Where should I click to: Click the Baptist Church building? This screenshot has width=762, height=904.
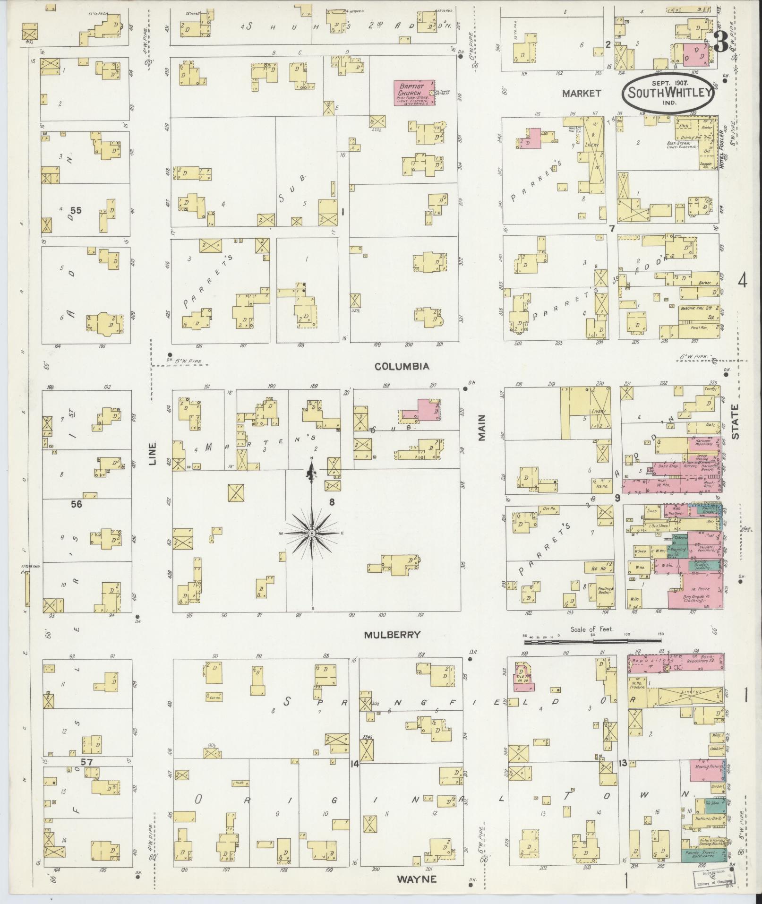point(414,93)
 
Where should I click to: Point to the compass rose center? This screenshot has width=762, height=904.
point(312,533)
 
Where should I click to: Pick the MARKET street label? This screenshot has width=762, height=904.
point(581,93)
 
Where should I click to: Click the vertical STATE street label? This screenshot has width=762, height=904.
point(736,422)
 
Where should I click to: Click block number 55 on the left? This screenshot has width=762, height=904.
point(76,210)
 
